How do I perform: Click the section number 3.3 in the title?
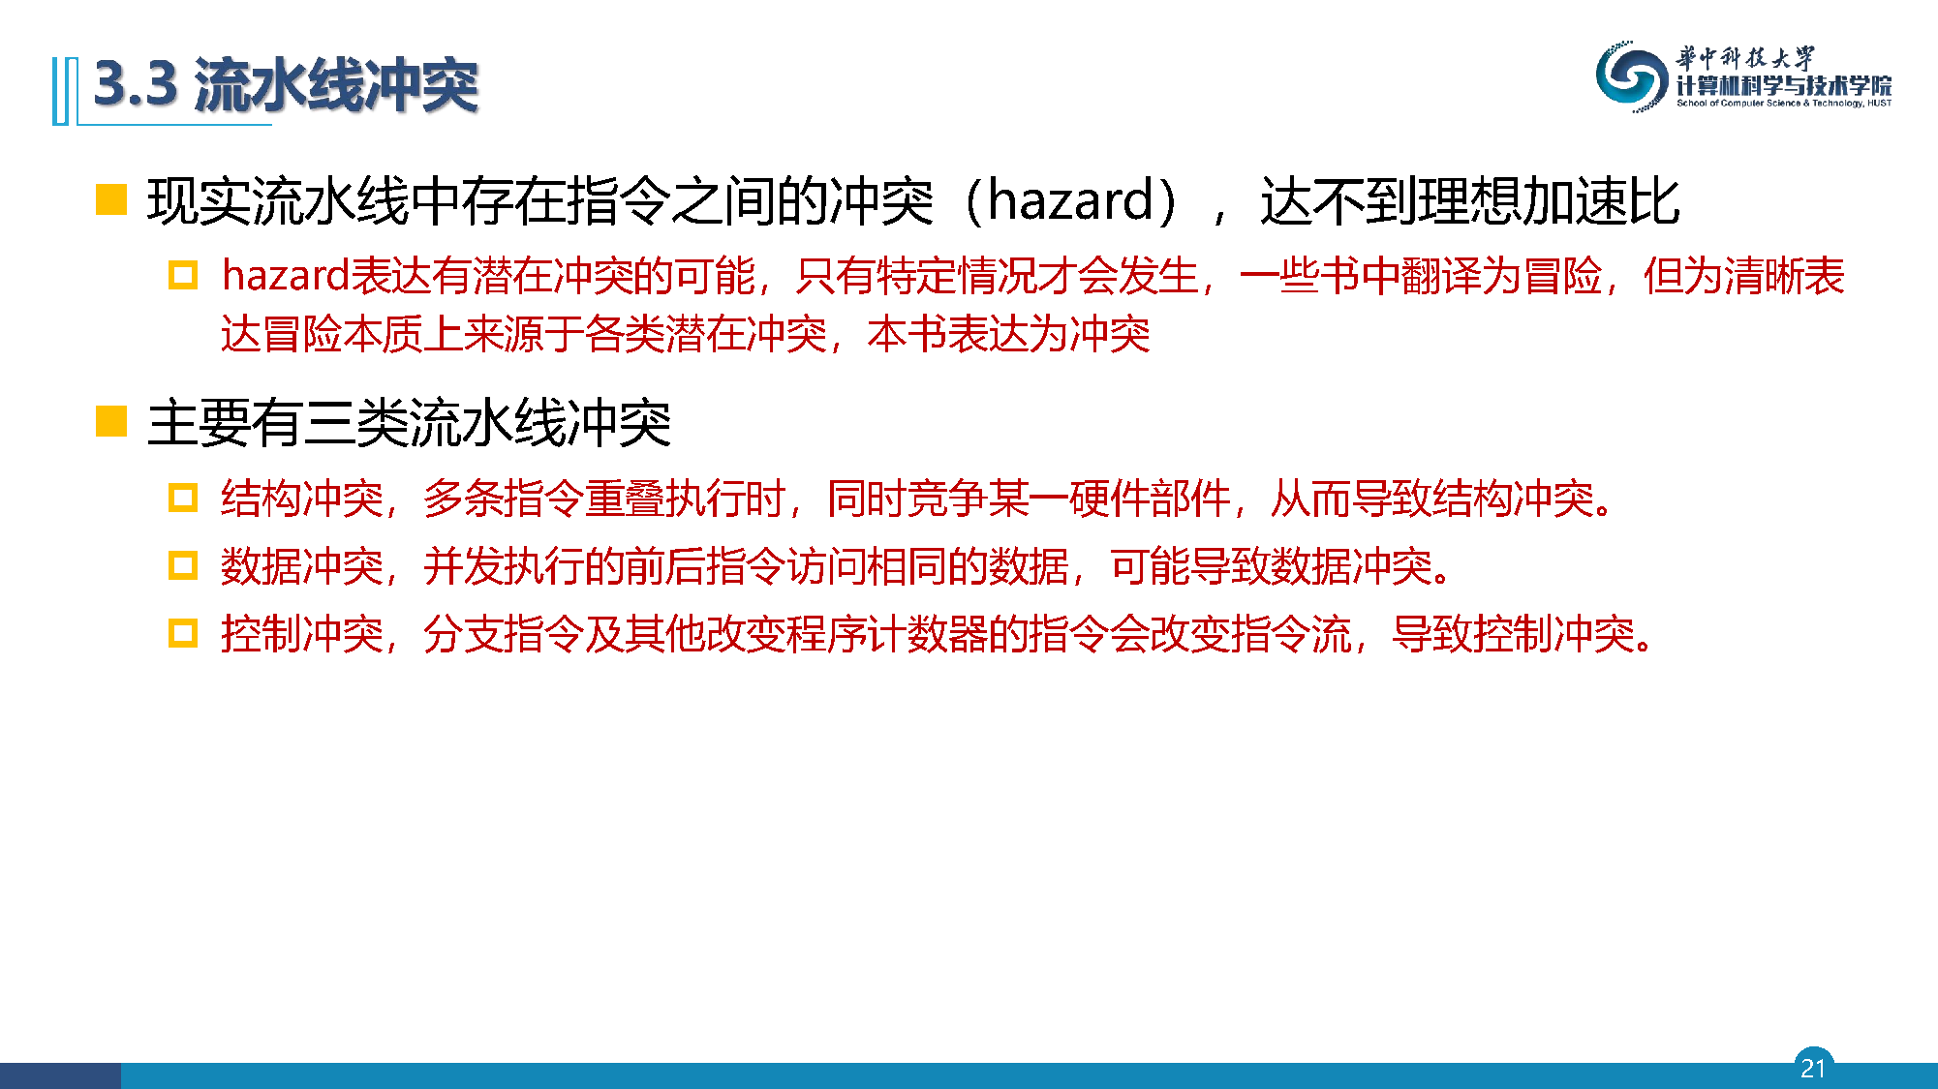pyautogui.click(x=136, y=84)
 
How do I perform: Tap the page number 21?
pyautogui.click(x=1813, y=1068)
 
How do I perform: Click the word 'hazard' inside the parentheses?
pyautogui.click(x=1070, y=201)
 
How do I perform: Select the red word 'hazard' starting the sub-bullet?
pyautogui.click(x=286, y=276)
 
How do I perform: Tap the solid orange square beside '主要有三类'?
pyautogui.click(x=111, y=421)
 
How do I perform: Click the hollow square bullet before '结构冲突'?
pyautogui.click(x=183, y=498)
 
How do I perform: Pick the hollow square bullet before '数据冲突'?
pyautogui.click(x=183, y=565)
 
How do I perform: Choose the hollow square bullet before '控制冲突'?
pyautogui.click(x=183, y=633)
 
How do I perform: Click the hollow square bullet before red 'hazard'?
pyautogui.click(x=183, y=276)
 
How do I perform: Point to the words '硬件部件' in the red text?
pyautogui.click(x=1150, y=499)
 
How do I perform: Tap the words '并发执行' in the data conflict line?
pyautogui.click(x=504, y=566)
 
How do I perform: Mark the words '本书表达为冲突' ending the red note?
pyautogui.click(x=1008, y=335)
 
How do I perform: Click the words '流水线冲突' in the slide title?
pyautogui.click(x=336, y=85)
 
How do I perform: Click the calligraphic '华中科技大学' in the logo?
pyautogui.click(x=1745, y=58)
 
